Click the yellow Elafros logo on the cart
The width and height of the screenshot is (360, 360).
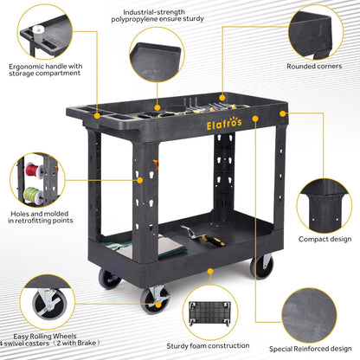click(x=224, y=124)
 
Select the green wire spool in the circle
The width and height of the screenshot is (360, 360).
click(x=33, y=195)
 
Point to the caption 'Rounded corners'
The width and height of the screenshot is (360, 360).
click(x=314, y=67)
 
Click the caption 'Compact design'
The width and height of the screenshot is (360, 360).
click(x=325, y=239)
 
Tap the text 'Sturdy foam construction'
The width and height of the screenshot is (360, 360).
click(x=208, y=346)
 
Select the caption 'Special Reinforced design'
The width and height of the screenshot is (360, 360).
click(x=311, y=349)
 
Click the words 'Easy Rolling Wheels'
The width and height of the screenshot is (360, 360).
click(x=45, y=337)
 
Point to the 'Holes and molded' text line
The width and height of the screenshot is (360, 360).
click(x=40, y=214)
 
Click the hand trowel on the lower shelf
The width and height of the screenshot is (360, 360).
click(x=203, y=236)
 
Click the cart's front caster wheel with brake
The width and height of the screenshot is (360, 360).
click(x=154, y=300)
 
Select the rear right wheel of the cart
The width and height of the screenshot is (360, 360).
click(x=261, y=267)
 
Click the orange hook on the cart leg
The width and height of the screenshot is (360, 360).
click(x=156, y=164)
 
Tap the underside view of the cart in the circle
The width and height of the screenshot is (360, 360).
click(x=209, y=314)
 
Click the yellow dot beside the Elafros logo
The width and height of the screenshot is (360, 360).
click(x=255, y=119)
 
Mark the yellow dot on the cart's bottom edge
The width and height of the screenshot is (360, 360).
click(x=210, y=271)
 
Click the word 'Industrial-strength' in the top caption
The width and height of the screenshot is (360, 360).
click(x=154, y=12)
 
